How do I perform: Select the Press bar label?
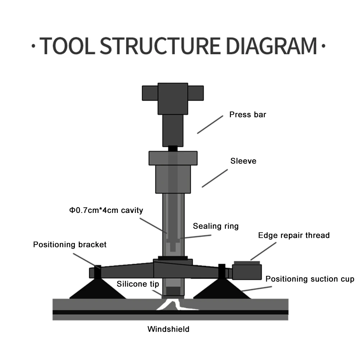click(x=248, y=115)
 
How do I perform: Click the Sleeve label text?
click(x=243, y=161)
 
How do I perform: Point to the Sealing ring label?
click(x=215, y=226)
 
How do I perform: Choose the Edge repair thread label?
click(x=294, y=236)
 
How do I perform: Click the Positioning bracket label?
click(x=70, y=245)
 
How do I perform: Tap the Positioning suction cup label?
click(x=310, y=279)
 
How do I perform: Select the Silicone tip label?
click(x=138, y=284)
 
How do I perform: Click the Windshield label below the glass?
click(x=168, y=329)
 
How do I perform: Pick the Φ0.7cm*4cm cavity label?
click(x=106, y=210)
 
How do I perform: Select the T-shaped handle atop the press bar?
click(x=173, y=93)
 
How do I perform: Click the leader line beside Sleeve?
click(x=214, y=178)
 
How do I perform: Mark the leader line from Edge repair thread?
click(x=263, y=251)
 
